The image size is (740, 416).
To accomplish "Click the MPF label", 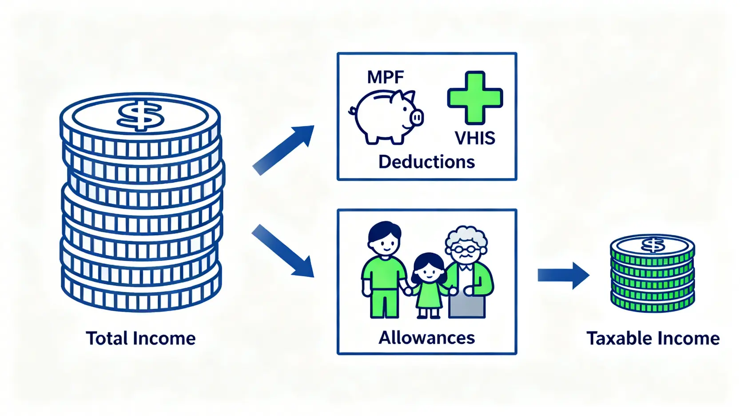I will point(385,77).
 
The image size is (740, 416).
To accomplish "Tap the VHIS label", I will point(475,138).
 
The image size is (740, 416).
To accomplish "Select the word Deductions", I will point(426,162).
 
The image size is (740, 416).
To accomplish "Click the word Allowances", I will point(426,338).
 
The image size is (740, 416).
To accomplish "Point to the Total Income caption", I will point(140,338).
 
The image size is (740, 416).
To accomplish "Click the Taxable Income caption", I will point(652,338).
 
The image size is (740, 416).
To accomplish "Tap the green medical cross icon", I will point(475,98).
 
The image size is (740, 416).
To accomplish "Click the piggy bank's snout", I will point(417,118).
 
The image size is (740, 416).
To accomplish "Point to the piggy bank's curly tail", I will point(353,110).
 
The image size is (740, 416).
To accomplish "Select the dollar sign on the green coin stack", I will point(653,245).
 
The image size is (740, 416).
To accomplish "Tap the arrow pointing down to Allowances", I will point(283,251).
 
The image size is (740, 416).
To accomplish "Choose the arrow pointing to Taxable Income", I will point(563,275).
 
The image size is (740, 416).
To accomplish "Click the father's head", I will point(385,240).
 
